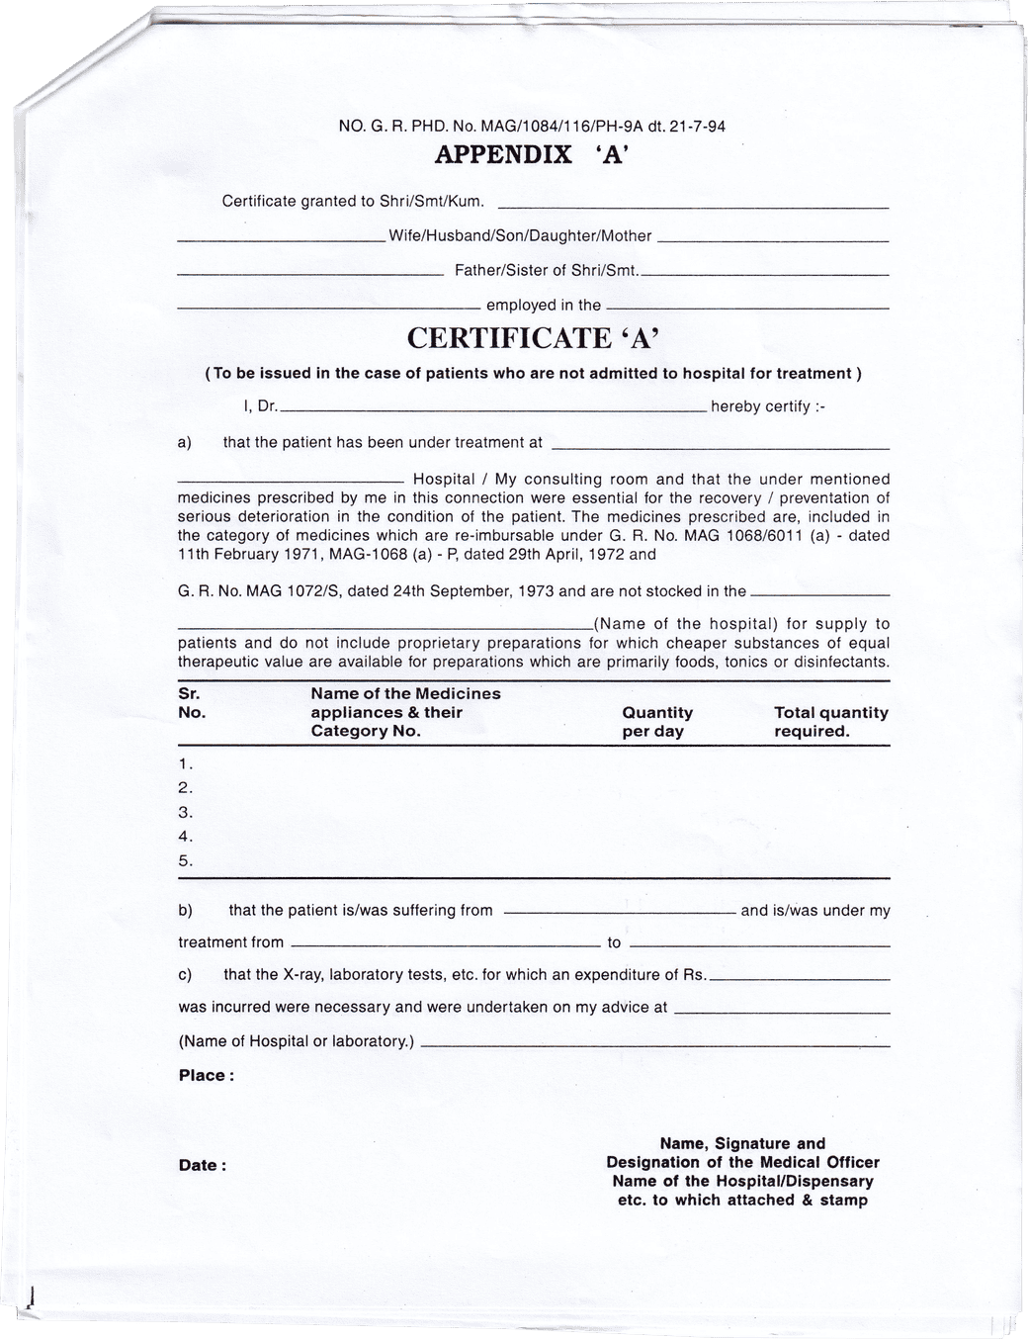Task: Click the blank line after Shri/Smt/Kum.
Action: coord(691,207)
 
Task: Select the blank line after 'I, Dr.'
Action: coord(493,409)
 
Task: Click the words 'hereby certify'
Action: coord(760,406)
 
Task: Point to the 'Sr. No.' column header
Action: coord(192,703)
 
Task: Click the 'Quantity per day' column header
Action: coord(657,722)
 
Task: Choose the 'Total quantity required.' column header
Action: coord(830,722)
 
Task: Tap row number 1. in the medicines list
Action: coord(185,764)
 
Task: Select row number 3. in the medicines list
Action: coord(185,813)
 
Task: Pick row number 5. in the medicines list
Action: coord(185,861)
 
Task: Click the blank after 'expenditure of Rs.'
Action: coord(800,978)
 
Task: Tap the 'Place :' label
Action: coord(206,1076)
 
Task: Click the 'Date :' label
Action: coord(202,1166)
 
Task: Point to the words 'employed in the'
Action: coord(543,306)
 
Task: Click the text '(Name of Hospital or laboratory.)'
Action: coord(297,1041)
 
